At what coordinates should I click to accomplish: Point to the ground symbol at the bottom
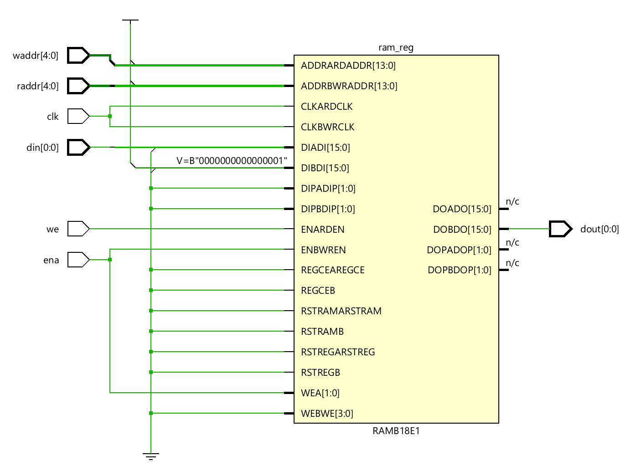click(151, 456)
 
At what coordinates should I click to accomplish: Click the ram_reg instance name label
click(396, 48)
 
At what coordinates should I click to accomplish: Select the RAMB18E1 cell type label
click(396, 431)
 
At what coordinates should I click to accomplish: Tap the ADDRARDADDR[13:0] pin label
click(348, 66)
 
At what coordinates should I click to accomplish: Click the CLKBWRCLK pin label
click(328, 127)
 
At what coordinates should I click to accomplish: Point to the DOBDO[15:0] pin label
click(462, 230)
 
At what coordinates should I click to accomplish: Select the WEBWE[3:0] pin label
click(327, 414)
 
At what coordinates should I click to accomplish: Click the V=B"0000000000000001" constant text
click(232, 161)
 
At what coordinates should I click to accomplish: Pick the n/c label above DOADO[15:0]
click(512, 201)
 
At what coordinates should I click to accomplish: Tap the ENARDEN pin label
click(323, 230)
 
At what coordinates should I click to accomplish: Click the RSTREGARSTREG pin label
click(338, 352)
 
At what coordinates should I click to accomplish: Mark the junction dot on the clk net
click(110, 116)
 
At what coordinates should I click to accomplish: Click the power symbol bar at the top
click(130, 20)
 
